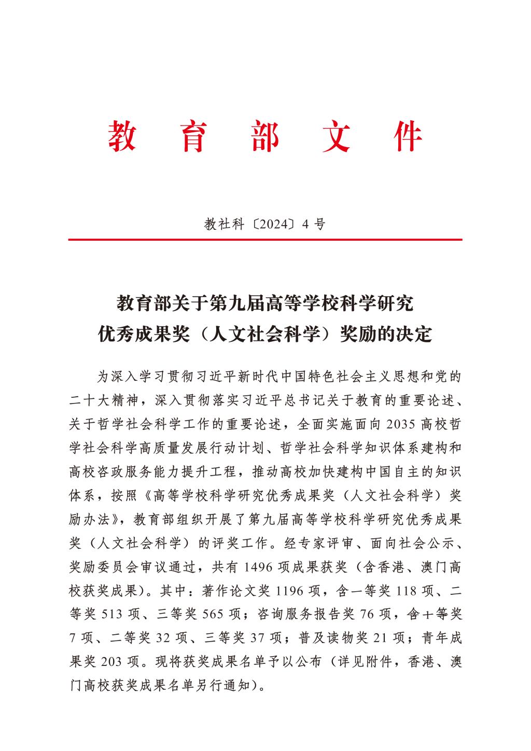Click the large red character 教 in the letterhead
tap(123, 137)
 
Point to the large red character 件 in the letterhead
tap(409, 137)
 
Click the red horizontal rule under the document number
tap(265, 240)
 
